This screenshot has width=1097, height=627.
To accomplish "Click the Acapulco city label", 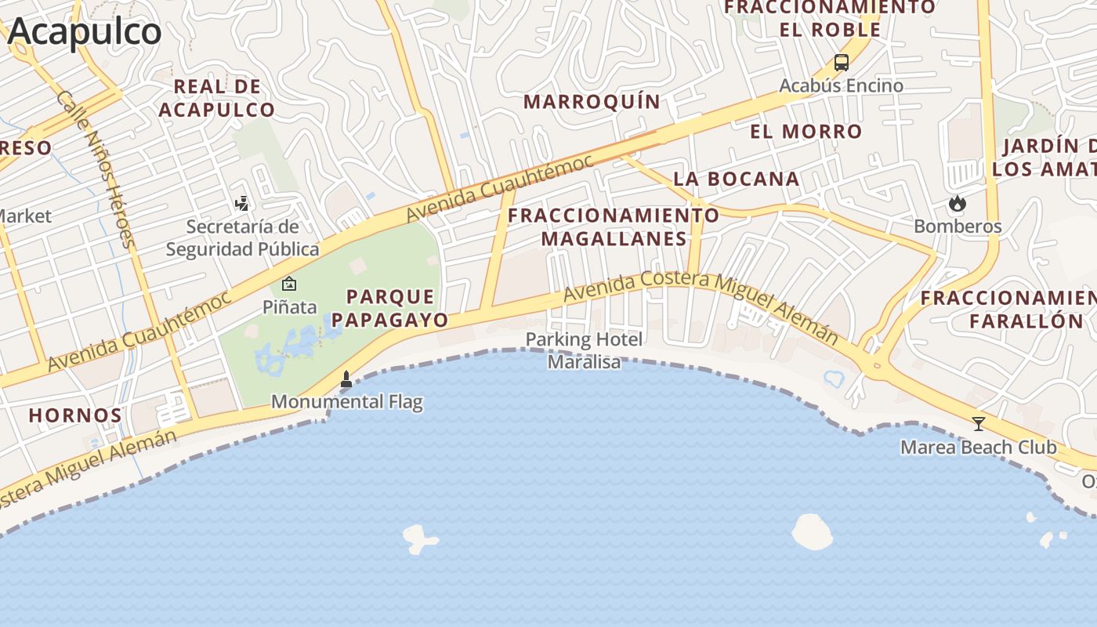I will click(85, 31).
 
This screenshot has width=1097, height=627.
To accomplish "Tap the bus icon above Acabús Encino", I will click(842, 63).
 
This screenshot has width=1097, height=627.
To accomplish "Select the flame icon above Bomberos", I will click(957, 204).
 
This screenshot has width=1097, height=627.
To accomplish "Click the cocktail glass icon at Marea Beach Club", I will click(979, 424).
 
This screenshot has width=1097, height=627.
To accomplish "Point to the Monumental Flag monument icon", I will click(346, 380).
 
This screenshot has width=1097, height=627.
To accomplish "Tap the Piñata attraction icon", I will click(289, 284).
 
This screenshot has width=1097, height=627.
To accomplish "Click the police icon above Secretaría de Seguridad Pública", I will click(242, 204).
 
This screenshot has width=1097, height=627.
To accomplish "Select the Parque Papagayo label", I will click(390, 308).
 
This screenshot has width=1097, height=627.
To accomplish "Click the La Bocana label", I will click(737, 179).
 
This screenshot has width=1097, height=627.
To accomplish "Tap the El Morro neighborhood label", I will click(806, 131).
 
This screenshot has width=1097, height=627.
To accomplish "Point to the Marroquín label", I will click(592, 101).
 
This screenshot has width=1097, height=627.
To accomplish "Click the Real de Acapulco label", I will click(217, 98).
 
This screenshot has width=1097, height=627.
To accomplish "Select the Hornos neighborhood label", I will click(75, 415).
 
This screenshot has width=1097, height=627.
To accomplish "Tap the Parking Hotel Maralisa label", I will click(584, 350).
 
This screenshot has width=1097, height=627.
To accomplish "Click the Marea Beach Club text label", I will click(979, 448).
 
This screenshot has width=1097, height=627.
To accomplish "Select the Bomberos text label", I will click(958, 227).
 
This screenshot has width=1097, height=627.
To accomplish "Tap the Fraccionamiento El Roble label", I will click(830, 19).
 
